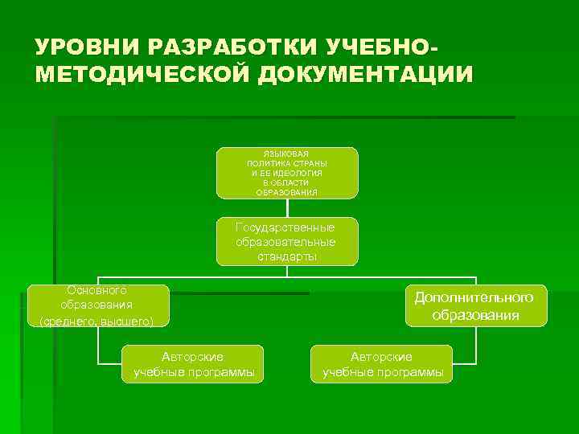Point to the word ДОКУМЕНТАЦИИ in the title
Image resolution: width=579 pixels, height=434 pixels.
click(365, 74)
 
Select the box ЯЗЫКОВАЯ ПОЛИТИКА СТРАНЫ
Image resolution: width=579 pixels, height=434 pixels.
click(287, 173)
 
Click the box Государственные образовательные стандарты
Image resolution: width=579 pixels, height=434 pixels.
click(287, 241)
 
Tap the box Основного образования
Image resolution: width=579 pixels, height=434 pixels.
click(97, 305)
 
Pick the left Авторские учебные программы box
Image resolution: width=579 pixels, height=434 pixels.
click(192, 364)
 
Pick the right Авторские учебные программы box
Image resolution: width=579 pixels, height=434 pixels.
click(382, 364)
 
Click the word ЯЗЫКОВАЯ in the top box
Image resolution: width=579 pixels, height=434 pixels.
click(287, 153)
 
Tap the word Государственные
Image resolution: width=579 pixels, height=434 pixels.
click(285, 227)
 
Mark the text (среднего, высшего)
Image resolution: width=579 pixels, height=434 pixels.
click(97, 321)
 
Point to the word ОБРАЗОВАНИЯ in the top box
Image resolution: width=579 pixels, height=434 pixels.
click(287, 193)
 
